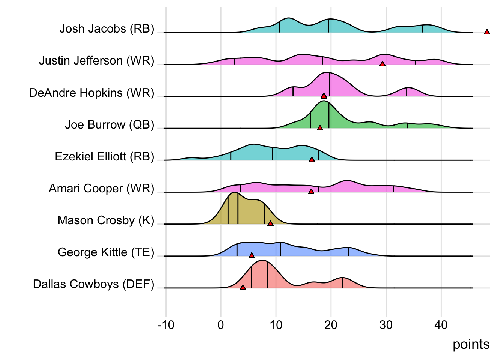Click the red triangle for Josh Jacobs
487,32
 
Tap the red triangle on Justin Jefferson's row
382,64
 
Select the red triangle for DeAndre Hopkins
324,96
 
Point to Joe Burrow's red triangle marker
320,128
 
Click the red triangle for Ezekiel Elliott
312,160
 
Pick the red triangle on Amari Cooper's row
311,192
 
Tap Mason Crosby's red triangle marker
270,223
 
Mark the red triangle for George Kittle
252,255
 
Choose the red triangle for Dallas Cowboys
243,287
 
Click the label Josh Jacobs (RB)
107,29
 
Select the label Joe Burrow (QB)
109,125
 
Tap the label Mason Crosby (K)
106,220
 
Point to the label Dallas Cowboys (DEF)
93,284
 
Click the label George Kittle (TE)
106,252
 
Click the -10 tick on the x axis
166,325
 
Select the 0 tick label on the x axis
221,325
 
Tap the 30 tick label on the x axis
386,325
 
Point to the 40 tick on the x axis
441,325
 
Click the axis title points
471,344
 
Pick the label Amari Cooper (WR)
101,189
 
